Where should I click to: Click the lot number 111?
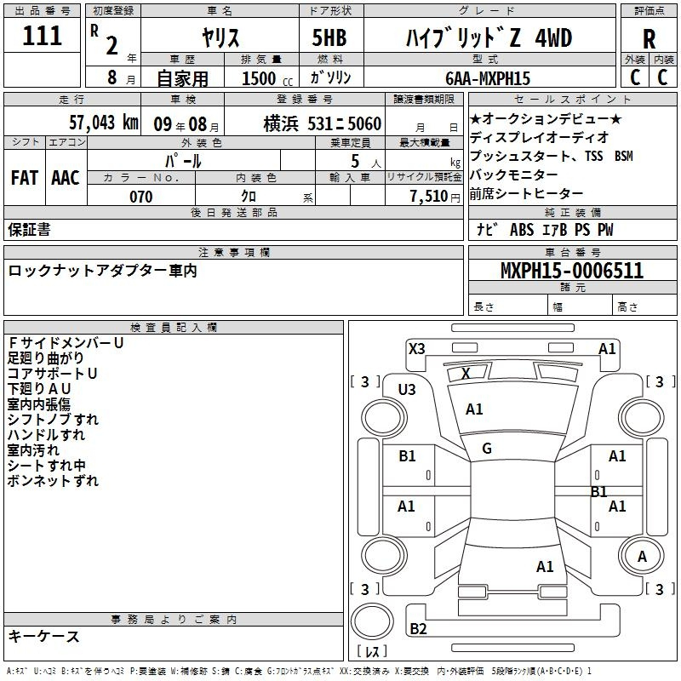coord(43,36)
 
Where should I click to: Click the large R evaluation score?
coord(650,38)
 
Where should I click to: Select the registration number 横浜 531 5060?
coord(322,123)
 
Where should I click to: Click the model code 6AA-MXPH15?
coord(488,78)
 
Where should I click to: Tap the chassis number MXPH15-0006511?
coord(571,271)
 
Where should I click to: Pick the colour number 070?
coord(140,197)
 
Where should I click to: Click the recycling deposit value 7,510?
coord(428,197)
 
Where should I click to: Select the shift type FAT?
coord(25,177)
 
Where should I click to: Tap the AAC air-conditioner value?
coord(66,177)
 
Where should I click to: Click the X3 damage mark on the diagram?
coord(416,348)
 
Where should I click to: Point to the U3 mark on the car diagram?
coord(407,390)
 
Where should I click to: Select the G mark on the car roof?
coord(487,449)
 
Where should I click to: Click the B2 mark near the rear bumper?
coord(418,629)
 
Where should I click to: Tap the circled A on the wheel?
coord(642,556)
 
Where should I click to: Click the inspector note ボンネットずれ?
coord(53,481)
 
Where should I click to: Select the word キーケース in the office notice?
coord(43,636)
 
